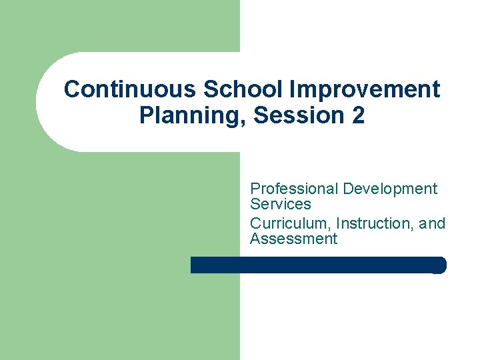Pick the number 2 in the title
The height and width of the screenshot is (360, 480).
(x=359, y=116)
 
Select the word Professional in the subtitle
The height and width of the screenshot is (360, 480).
(x=294, y=189)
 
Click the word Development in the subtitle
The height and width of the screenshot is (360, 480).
(x=390, y=189)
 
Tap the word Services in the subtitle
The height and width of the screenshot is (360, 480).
(x=281, y=204)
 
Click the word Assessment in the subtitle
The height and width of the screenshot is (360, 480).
(x=293, y=239)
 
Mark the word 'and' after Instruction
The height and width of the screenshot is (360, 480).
(x=432, y=223)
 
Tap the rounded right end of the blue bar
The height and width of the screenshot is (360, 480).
(x=441, y=265)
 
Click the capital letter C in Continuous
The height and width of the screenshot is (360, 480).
(x=72, y=89)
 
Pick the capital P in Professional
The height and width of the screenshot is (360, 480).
(x=255, y=189)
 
